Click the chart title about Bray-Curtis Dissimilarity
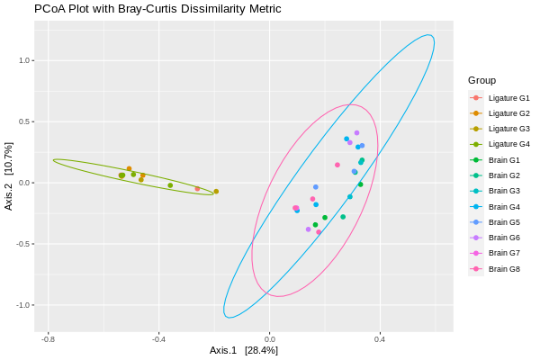[x=157, y=9]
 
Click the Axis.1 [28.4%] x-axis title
[x=243, y=350]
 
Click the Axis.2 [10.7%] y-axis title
[x=9, y=176]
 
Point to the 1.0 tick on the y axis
[x=25, y=60]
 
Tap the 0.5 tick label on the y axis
[x=25, y=121]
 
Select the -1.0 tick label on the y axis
[x=24, y=305]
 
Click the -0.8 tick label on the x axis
[x=48, y=339]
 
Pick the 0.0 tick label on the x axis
[x=269, y=339]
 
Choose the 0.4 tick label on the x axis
[x=380, y=339]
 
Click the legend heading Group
[x=481, y=80]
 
